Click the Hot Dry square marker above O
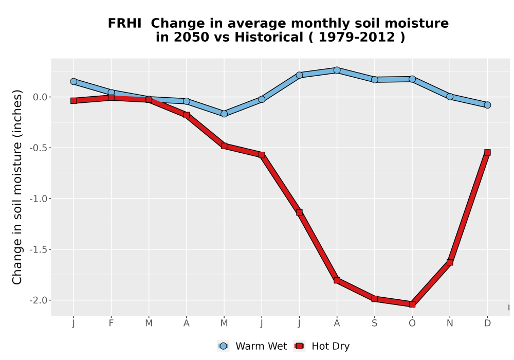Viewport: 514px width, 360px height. click(x=412, y=304)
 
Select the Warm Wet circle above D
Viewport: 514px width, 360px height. click(x=487, y=105)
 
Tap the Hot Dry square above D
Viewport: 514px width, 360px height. click(x=487, y=152)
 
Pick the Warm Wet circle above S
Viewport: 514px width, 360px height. click(x=375, y=79)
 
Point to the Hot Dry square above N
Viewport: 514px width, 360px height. click(x=450, y=262)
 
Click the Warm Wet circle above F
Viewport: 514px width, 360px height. click(x=111, y=93)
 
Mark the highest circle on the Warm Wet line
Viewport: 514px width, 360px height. click(x=337, y=70)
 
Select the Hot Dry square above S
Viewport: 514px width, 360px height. click(x=375, y=299)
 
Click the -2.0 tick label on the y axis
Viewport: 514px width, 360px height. click(x=39, y=300)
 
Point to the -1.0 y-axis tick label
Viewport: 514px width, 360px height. click(x=39, y=199)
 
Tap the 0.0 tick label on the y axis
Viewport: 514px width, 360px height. click(x=40, y=97)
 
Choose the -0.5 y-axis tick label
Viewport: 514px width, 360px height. click(x=39, y=148)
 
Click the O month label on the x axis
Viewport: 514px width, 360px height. click(x=412, y=323)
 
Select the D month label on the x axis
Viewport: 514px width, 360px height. click(x=487, y=323)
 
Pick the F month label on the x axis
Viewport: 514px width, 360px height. click(x=111, y=323)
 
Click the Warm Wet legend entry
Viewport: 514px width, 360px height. click(x=252, y=346)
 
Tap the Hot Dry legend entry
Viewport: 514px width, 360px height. click(x=322, y=346)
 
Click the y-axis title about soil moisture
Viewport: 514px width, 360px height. click(x=17, y=187)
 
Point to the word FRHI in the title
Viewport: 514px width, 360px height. click(x=124, y=24)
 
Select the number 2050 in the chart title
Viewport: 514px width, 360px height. click(x=191, y=38)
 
